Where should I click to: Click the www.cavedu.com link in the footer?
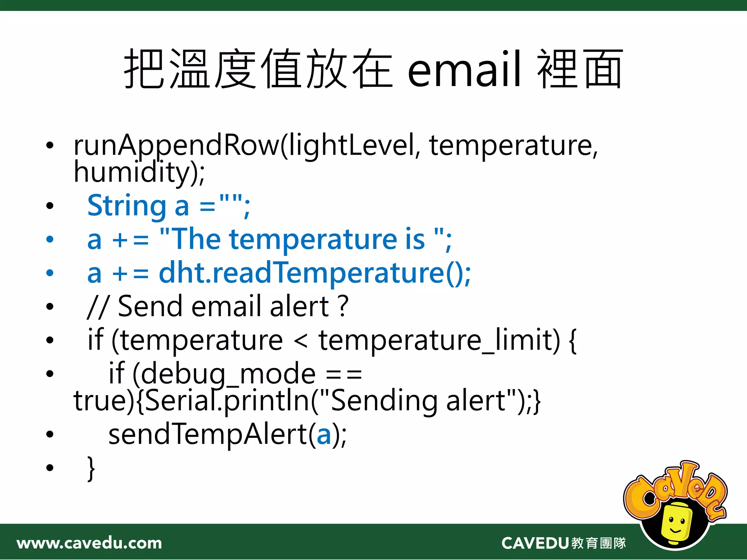(x=89, y=543)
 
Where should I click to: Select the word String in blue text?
(x=127, y=206)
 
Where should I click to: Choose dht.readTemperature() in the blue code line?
(x=314, y=273)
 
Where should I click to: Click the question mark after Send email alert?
(x=343, y=306)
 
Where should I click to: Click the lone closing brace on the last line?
(x=91, y=468)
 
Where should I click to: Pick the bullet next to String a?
(x=50, y=206)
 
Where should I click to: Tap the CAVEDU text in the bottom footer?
(x=535, y=543)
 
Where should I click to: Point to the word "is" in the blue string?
(x=415, y=240)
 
